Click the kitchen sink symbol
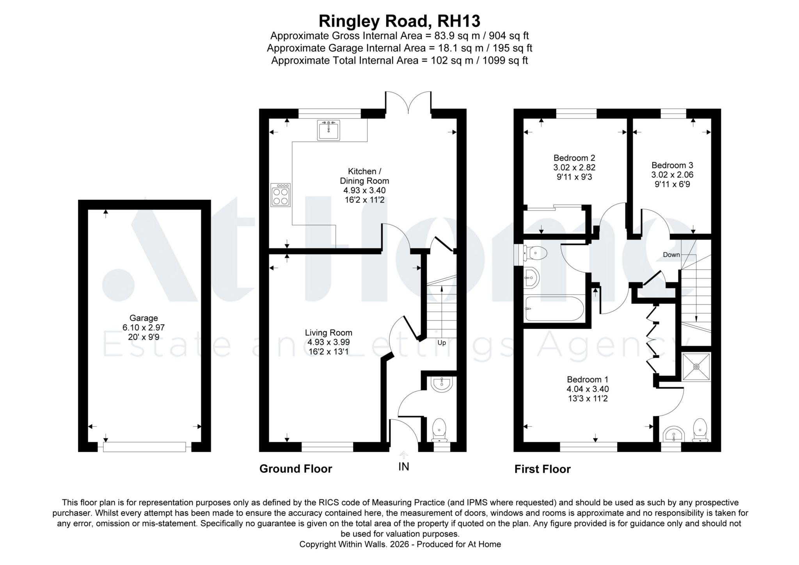(x=328, y=130)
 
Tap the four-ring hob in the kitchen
(x=281, y=195)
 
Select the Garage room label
(x=144, y=318)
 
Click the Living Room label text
(x=328, y=333)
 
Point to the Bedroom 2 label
(x=574, y=158)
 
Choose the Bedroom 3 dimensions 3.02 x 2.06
(x=672, y=175)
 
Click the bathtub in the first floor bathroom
(x=554, y=308)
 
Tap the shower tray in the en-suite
(x=696, y=367)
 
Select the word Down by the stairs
(x=671, y=255)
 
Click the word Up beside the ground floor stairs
(x=442, y=343)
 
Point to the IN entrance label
(x=404, y=467)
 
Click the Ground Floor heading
(x=296, y=469)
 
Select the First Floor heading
(x=542, y=469)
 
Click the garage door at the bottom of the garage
(x=144, y=447)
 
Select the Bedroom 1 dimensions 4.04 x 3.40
(x=588, y=389)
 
